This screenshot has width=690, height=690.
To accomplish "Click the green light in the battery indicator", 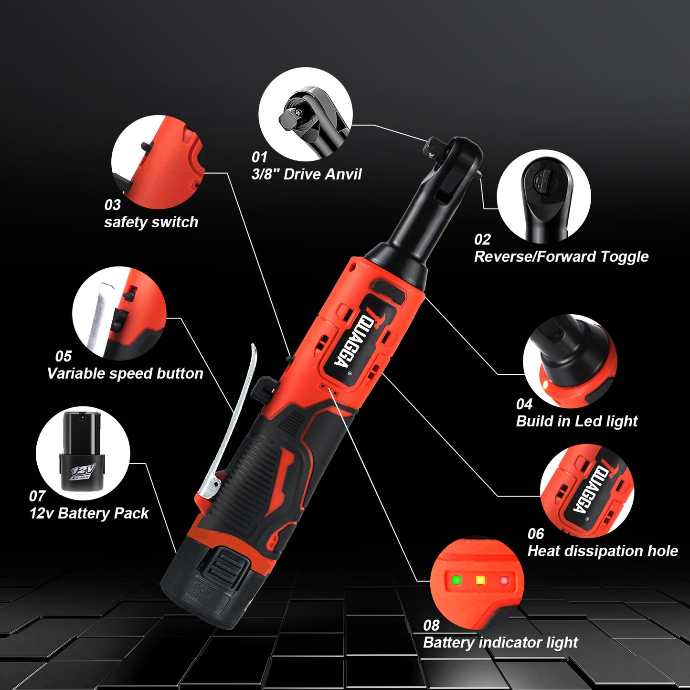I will [456, 580].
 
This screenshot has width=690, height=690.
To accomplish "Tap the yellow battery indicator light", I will [480, 580].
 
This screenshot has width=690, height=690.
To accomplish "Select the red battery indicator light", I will [504, 581].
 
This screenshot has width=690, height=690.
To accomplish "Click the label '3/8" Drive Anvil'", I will [307, 174].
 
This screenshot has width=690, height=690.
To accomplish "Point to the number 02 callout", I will [482, 239].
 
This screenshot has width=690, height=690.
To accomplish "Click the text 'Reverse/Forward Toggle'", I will [561, 257].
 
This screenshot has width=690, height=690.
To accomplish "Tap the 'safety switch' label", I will [151, 222].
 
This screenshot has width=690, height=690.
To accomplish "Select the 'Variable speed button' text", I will [125, 373].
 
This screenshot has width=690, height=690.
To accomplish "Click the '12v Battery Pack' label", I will [89, 513].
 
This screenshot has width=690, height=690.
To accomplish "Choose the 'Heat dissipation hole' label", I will [603, 551].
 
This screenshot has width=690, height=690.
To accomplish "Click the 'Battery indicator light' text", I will [500, 643].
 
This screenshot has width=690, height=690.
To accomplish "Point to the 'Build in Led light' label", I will [577, 421].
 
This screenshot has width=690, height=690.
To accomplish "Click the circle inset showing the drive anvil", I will [306, 114].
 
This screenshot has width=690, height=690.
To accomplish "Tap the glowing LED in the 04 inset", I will [544, 384].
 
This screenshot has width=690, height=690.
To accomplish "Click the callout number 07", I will [37, 496].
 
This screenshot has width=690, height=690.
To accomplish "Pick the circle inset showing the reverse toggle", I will [543, 197].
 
